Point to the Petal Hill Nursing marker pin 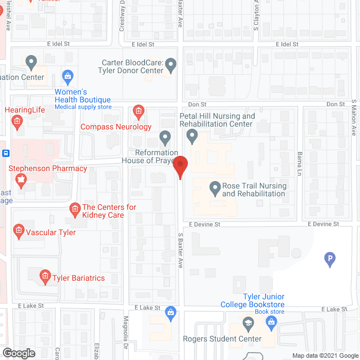[192, 136]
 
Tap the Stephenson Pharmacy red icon [21, 181]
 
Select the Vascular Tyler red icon [19, 231]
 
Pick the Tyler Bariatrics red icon [44, 276]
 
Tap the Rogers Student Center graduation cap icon [247, 323]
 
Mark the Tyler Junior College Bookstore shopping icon [271, 322]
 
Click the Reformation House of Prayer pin [165, 137]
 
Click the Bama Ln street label [299, 163]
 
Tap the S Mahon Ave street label [354, 118]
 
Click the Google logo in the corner [18, 353]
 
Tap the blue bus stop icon [4, 153]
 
